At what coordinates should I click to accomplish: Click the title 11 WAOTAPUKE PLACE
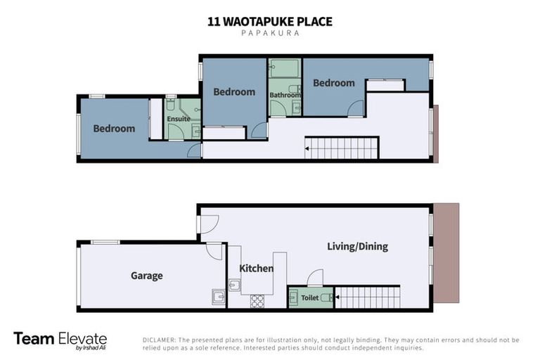[270, 22]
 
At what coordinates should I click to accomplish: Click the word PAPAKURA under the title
[270, 34]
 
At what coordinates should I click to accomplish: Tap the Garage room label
[146, 276]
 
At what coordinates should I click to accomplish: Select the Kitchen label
[256, 269]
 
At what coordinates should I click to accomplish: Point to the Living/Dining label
[357, 247]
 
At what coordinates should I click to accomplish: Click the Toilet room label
[310, 298]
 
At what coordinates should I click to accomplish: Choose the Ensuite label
[179, 119]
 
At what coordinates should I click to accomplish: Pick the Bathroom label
[285, 96]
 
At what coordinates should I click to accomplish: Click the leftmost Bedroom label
[114, 129]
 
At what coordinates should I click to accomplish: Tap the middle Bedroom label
[234, 92]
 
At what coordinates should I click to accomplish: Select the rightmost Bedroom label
[334, 83]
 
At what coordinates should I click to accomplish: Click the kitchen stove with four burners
[257, 301]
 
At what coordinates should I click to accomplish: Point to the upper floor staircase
[342, 148]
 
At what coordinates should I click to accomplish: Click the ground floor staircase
[367, 297]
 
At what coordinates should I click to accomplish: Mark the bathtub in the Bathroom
[285, 69]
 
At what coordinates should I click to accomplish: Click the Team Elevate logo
[60, 340]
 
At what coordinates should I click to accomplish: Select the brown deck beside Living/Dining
[446, 253]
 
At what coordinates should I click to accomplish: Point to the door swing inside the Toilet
[315, 277]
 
